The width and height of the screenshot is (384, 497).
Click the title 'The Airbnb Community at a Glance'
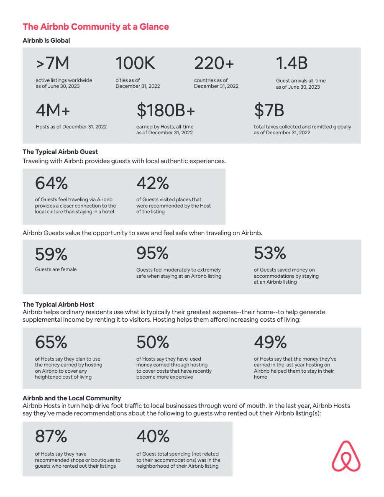point(96,27)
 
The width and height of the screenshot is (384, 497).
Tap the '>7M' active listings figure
point(52,63)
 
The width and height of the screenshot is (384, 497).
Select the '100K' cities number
point(135,63)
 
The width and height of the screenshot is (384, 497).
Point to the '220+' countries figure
point(214,63)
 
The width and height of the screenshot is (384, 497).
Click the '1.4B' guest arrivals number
point(292,63)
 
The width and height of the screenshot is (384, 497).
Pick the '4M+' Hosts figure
point(53,110)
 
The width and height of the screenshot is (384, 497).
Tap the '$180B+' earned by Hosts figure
point(166,110)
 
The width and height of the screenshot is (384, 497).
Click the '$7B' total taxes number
point(269,110)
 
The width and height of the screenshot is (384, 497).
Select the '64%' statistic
point(51,183)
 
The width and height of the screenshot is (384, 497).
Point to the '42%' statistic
point(153,183)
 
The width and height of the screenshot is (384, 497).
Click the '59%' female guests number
point(51,254)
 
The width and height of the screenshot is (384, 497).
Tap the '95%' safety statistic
point(152,253)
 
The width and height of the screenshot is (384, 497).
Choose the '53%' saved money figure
point(270,253)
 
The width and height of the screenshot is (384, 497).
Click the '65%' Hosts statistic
point(51,342)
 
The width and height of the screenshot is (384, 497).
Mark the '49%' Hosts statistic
point(270,342)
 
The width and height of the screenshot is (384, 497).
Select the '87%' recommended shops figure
point(51,436)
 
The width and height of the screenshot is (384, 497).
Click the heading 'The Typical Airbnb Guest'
point(60,152)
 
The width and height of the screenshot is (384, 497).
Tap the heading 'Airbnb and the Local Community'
point(72,398)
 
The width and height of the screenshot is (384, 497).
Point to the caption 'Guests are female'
point(56,269)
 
